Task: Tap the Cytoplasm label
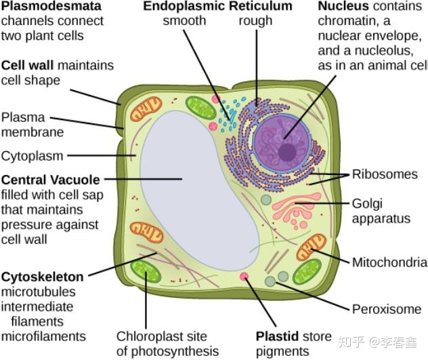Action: [x=32, y=156]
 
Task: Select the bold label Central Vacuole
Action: [x=51, y=180]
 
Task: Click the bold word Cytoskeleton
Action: [x=43, y=277]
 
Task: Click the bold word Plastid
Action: [x=277, y=336]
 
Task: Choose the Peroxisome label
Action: [x=387, y=309]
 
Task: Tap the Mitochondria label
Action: [x=389, y=262]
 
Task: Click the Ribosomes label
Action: [x=385, y=174]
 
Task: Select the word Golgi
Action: [x=366, y=203]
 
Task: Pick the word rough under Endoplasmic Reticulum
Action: [x=255, y=21]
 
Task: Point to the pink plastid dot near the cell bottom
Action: [x=244, y=277]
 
